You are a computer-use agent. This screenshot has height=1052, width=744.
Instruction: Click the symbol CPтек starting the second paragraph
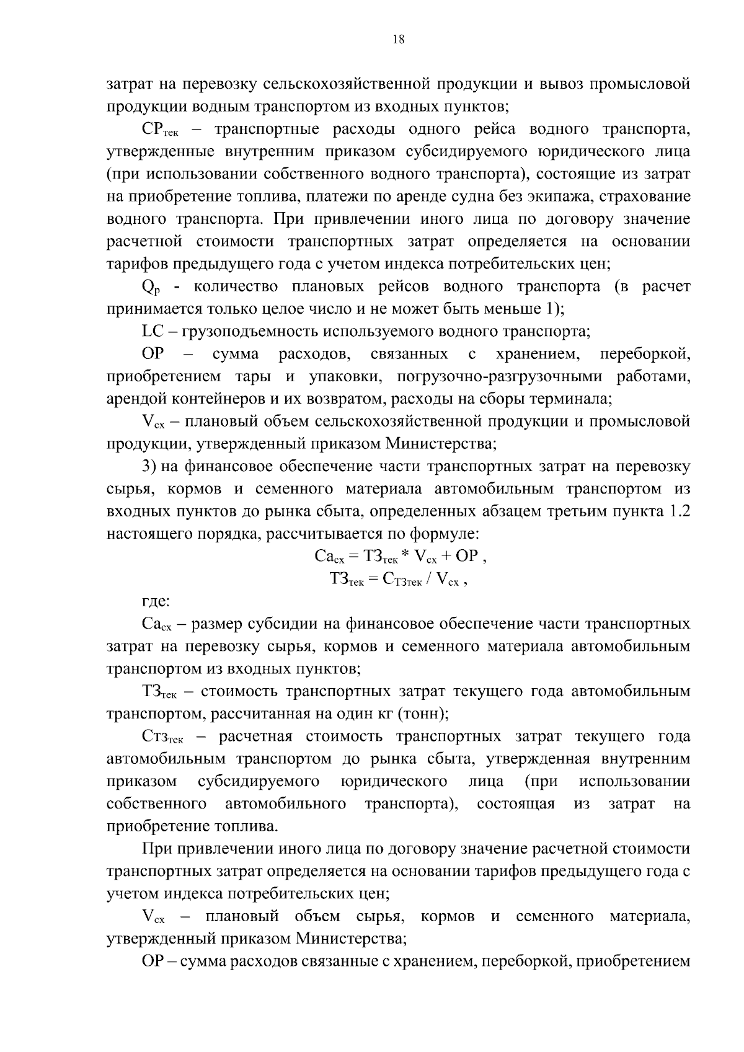(160, 130)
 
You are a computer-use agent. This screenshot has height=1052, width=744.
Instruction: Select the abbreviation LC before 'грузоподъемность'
(153, 332)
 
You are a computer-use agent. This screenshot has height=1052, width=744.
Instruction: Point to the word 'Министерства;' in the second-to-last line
(350, 939)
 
